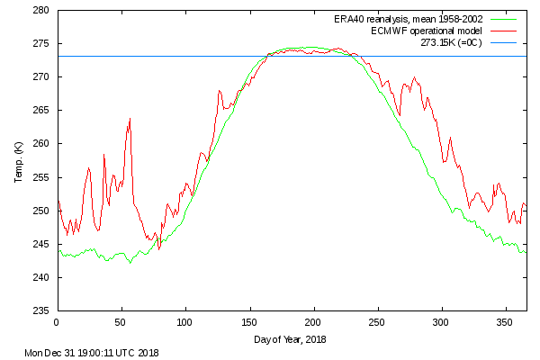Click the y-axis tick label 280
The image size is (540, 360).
coord(41,11)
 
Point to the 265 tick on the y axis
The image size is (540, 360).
coord(41,111)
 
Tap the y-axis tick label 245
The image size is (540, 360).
coord(41,244)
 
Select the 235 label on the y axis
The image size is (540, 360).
coord(41,310)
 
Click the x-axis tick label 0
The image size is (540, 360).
coord(57,320)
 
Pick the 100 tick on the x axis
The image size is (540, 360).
coord(185,320)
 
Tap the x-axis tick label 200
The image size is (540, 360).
coord(313,320)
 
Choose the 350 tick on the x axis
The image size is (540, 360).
coord(506,320)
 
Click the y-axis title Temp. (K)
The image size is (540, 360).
coord(19,161)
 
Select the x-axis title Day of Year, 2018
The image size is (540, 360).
coord(292,339)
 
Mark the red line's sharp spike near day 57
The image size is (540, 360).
coord(130,118)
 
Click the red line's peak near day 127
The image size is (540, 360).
coord(219,91)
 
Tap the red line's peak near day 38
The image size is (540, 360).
coord(104,155)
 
